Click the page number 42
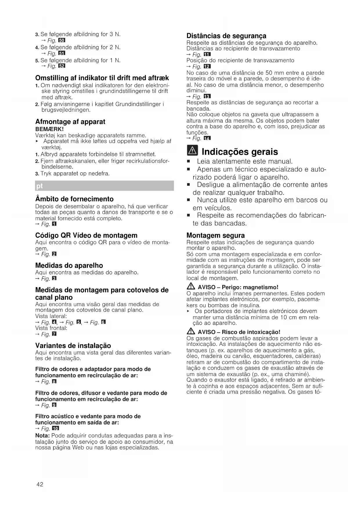coord(40,484)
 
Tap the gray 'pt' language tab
coord(104,186)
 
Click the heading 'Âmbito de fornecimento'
coord(74,199)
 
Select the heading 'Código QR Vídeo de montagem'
coord(86,235)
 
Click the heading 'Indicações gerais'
coord(240,152)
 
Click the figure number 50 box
coord(62,40)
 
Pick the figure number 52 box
coord(62,66)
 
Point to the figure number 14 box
coord(207,138)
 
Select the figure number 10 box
coord(55,429)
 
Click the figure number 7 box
coord(54,334)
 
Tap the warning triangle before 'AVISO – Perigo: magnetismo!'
coord(191,287)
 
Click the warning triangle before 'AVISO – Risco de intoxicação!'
coord(191,332)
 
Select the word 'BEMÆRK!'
coord(49,129)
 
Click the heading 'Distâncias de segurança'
coord(226,36)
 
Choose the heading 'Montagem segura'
coord(216,235)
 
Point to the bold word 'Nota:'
coord(42,436)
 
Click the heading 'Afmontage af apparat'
coord(70,122)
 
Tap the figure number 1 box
coord(54,224)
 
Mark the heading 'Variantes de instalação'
coord(73,346)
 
